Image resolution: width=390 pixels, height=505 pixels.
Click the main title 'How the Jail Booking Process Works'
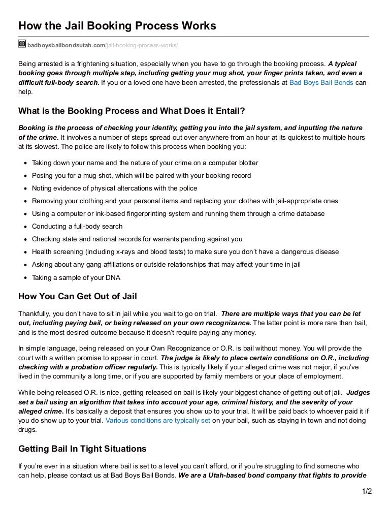(117, 25)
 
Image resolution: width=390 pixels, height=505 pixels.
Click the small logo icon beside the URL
(22, 44)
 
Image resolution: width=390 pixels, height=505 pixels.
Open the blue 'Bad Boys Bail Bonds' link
(321, 82)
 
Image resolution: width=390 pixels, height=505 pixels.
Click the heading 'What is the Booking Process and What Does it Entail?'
(139, 111)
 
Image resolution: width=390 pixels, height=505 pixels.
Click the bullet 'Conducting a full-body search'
(77, 227)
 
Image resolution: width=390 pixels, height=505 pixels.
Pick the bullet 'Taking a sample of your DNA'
(76, 277)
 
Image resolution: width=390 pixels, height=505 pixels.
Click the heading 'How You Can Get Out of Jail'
(78, 297)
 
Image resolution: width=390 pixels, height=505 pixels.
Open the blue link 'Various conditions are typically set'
(157, 421)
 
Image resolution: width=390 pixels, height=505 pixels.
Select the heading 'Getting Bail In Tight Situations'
(82, 449)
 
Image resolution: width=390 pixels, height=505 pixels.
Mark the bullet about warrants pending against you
(137, 239)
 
